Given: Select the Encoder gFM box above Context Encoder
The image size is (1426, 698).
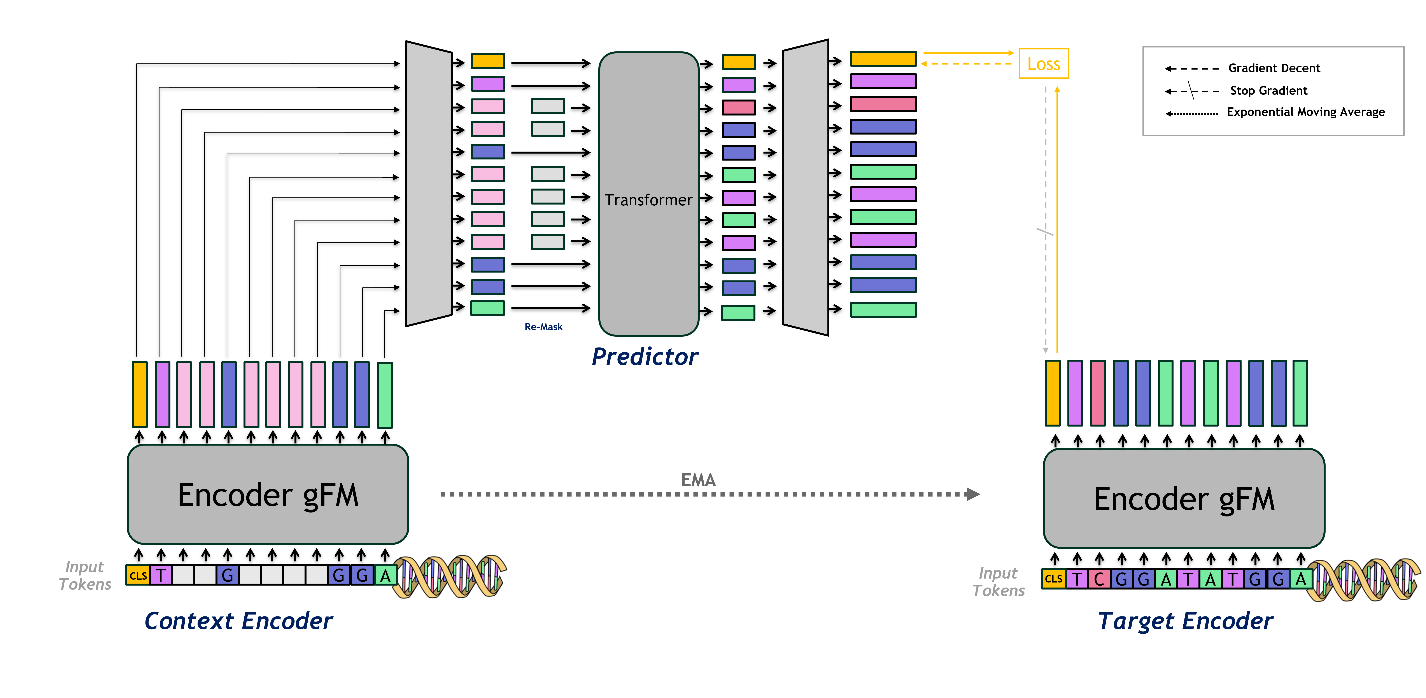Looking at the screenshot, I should click(268, 494).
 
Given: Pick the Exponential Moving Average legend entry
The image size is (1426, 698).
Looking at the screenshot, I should click(1305, 112).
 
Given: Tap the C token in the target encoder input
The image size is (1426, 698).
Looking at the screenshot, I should click(1099, 579).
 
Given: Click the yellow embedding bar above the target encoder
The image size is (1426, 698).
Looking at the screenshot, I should click(1052, 393).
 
